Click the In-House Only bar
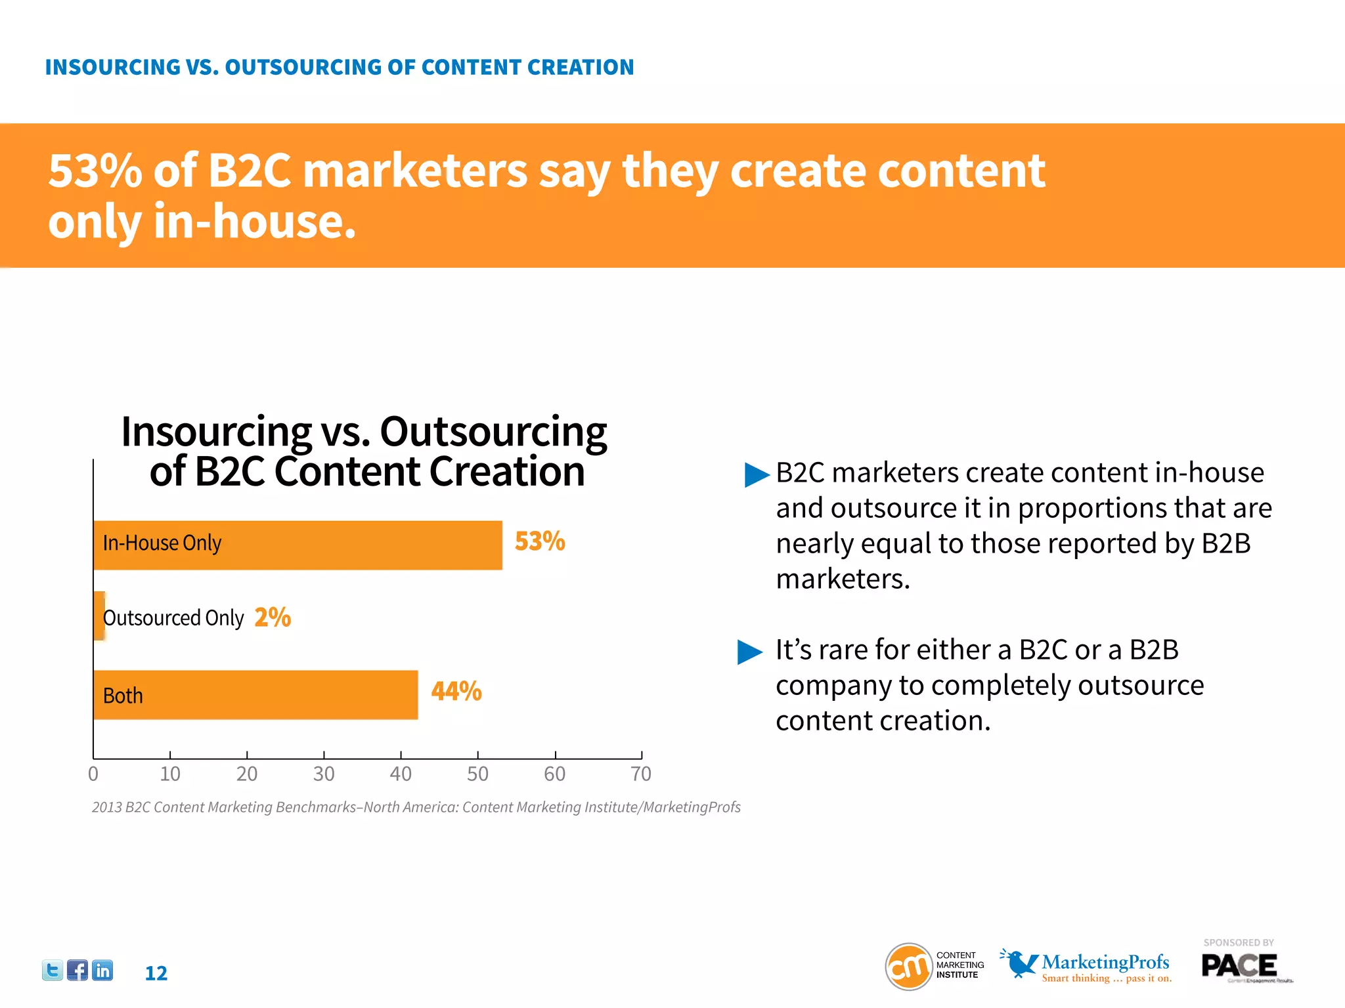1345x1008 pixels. (x=298, y=545)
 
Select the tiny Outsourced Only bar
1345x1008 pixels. (x=99, y=616)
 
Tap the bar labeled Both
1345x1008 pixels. (x=255, y=694)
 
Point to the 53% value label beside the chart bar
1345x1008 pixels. (x=539, y=541)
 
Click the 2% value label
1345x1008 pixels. (x=273, y=617)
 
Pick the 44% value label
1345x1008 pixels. (x=456, y=691)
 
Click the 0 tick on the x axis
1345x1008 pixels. (x=93, y=774)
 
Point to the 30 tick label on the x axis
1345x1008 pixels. (x=324, y=774)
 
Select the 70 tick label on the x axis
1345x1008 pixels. (x=641, y=774)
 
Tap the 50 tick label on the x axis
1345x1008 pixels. (x=477, y=774)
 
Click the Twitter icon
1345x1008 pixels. (x=53, y=970)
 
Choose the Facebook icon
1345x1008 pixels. (x=77, y=970)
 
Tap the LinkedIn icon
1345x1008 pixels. (x=102, y=970)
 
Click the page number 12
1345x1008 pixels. (x=156, y=973)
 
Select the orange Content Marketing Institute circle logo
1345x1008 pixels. (x=909, y=966)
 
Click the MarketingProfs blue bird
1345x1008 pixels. (x=1019, y=963)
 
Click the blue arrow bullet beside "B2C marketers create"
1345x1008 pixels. (x=756, y=474)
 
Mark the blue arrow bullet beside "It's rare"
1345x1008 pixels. (x=750, y=652)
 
